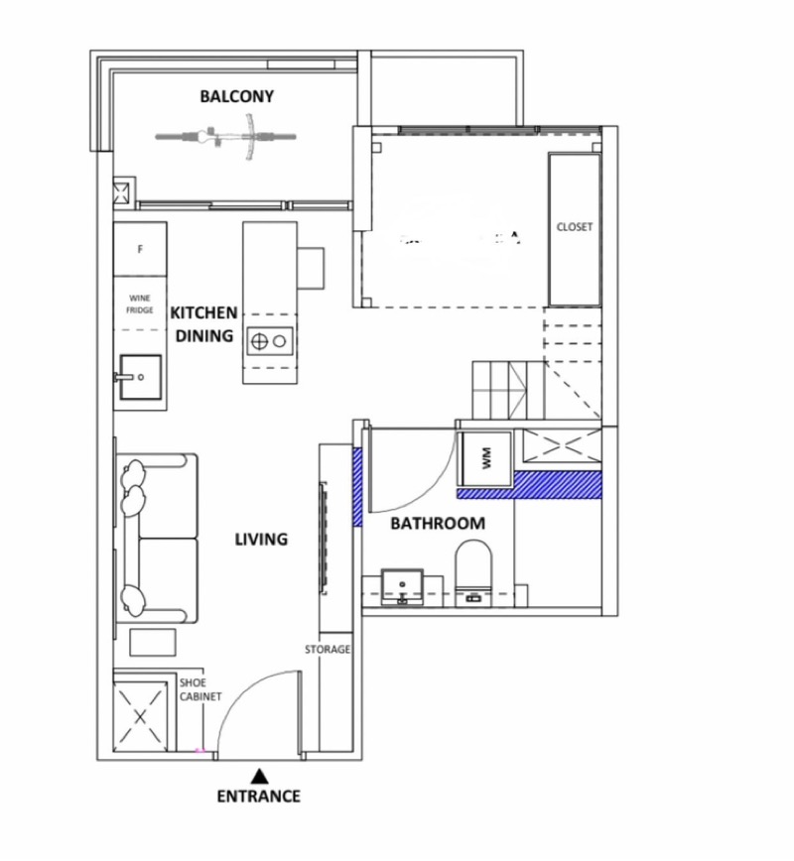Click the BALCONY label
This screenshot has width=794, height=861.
click(x=236, y=97)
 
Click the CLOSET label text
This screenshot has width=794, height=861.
click(x=575, y=227)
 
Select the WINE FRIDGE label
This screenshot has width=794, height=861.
click(x=139, y=304)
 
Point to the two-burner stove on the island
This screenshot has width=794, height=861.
click(x=269, y=341)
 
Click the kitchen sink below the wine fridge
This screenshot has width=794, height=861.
click(x=140, y=377)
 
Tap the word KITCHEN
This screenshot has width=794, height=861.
click(x=203, y=312)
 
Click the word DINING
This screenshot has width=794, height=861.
click(x=204, y=336)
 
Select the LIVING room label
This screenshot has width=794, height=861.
click(x=261, y=540)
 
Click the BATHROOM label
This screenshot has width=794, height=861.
click(x=438, y=523)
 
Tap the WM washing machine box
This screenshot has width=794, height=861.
click(x=486, y=457)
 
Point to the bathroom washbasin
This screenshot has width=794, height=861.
click(x=403, y=584)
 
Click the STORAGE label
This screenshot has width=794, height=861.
click(x=328, y=649)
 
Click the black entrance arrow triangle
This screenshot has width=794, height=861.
click(x=259, y=776)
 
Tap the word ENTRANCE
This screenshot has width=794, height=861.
click(x=258, y=796)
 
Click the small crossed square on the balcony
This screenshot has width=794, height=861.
click(x=124, y=191)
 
